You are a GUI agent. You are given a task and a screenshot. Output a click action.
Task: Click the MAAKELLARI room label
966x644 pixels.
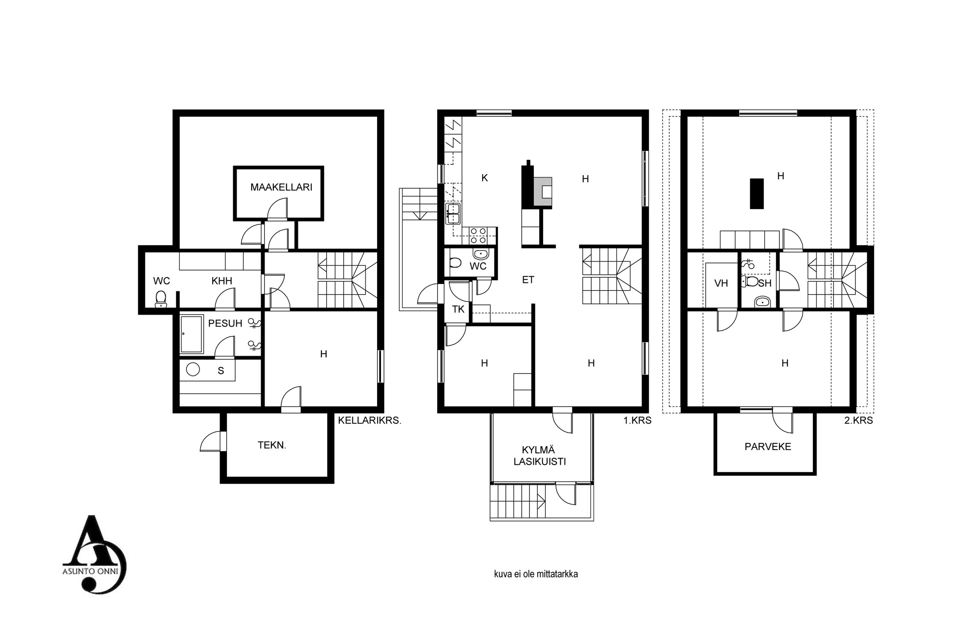281,187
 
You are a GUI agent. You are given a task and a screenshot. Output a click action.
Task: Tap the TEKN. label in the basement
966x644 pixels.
272,445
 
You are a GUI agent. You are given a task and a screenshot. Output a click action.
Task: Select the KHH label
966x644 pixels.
222,281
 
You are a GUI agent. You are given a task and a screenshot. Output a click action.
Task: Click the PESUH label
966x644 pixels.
225,324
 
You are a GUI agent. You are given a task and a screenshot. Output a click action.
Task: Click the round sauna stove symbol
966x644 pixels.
193,369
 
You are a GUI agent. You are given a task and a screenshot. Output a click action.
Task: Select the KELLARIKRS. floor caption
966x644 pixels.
369,421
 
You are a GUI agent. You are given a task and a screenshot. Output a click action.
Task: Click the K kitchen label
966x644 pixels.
485,178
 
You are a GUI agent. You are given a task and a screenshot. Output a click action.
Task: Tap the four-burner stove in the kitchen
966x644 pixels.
478,236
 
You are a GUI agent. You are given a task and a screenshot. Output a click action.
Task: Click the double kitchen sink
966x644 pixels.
453,213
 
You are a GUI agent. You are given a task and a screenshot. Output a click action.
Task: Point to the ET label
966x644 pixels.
528,280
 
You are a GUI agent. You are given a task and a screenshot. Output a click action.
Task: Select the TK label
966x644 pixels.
458,309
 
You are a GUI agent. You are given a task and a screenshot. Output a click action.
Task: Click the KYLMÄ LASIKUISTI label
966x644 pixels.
540,456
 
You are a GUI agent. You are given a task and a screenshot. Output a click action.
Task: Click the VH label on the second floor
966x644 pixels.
721,283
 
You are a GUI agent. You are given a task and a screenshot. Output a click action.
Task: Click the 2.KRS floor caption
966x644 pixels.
858,421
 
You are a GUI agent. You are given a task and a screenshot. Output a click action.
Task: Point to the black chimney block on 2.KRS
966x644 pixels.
757,194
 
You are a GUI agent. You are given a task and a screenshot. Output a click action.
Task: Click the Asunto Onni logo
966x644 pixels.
94,554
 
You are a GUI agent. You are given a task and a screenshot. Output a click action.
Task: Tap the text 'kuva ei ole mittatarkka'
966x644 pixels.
536,574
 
